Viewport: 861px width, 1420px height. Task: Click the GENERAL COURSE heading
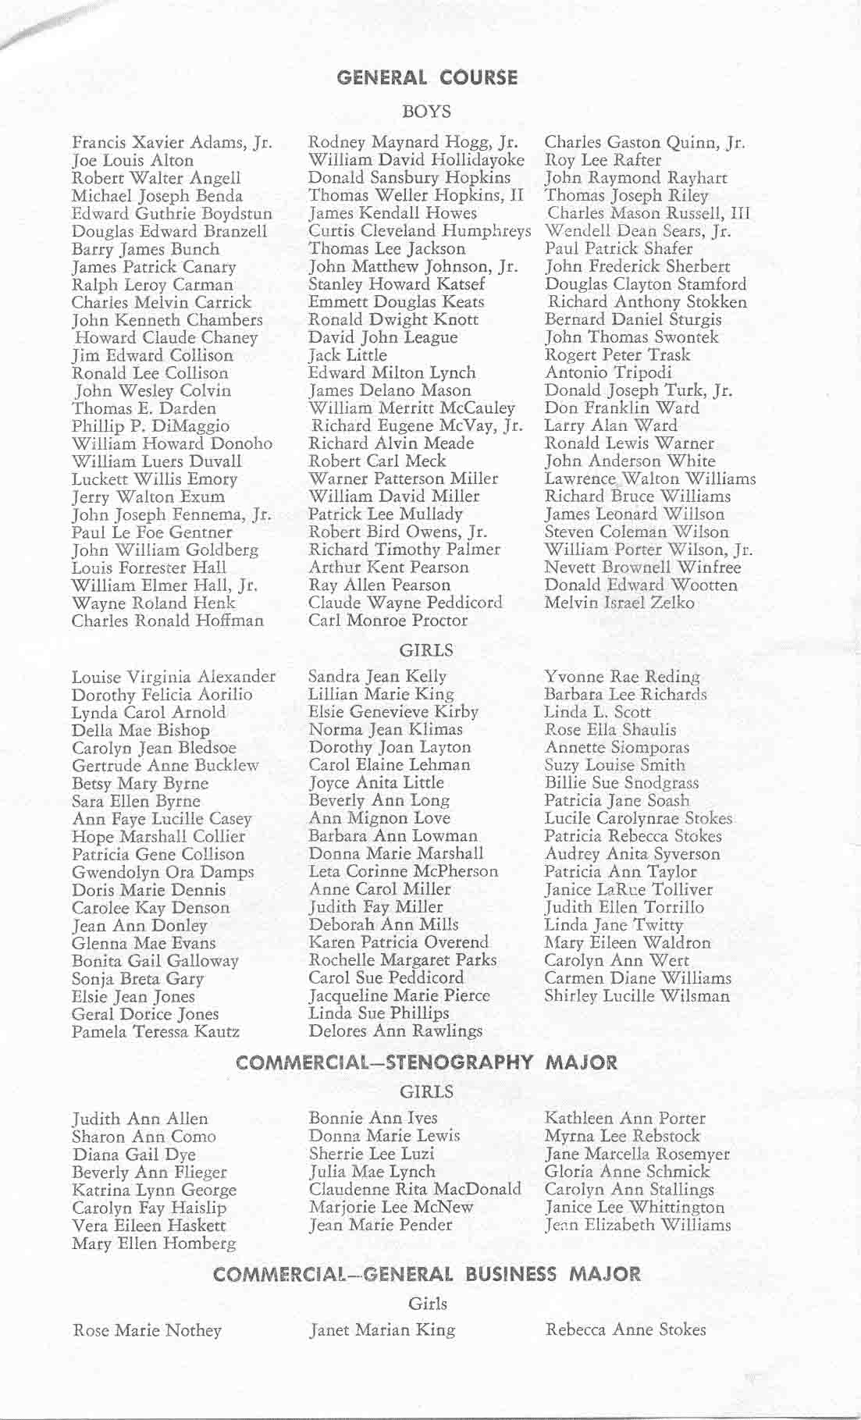pyautogui.click(x=426, y=77)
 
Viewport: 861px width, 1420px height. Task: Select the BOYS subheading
pyautogui.click(x=426, y=112)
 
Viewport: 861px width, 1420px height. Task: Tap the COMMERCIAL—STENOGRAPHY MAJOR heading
pyautogui.click(x=426, y=1062)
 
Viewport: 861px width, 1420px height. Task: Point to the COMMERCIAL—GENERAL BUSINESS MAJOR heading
pyautogui.click(x=426, y=1274)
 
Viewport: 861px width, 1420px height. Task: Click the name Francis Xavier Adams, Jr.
pyautogui.click(x=172, y=143)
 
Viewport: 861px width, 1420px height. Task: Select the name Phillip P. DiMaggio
pyautogui.click(x=151, y=426)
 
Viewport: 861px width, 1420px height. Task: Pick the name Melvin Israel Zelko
pyautogui.click(x=619, y=603)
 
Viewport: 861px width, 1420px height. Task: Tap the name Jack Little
pyautogui.click(x=347, y=355)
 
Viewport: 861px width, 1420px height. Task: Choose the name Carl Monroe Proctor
pyautogui.click(x=388, y=621)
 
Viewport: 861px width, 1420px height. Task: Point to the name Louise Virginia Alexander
pyautogui.click(x=173, y=676)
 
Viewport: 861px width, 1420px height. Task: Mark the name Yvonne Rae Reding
pyautogui.click(x=622, y=676)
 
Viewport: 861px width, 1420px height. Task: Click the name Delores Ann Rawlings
pyautogui.click(x=396, y=1031)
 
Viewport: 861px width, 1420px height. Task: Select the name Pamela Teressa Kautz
pyautogui.click(x=155, y=1032)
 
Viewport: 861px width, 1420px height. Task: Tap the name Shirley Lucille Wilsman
pyautogui.click(x=637, y=996)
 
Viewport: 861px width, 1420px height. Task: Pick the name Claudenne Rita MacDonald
pyautogui.click(x=414, y=1190)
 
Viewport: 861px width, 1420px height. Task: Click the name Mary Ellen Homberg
pyautogui.click(x=154, y=1243)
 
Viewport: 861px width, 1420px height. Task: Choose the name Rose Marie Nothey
pyautogui.click(x=147, y=1330)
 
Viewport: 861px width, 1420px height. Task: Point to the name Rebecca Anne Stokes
pyautogui.click(x=625, y=1329)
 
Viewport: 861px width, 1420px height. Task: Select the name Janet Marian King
pyautogui.click(x=382, y=1330)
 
